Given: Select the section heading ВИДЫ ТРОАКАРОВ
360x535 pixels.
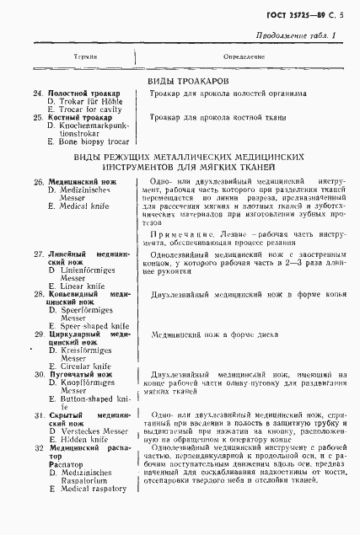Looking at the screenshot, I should (183, 80).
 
